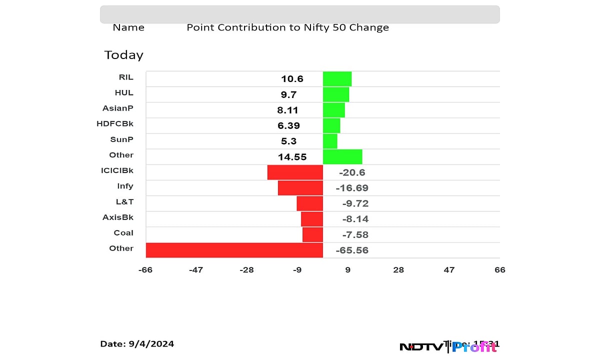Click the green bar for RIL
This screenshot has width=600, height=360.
337,79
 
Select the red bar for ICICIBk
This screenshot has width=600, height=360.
295,172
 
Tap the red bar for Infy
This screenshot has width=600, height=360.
300,187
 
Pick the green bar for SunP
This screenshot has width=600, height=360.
330,141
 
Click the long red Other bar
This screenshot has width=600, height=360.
234,250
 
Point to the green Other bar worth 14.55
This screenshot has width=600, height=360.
342,156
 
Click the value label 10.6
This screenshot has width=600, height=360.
292,79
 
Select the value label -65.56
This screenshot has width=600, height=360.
353,250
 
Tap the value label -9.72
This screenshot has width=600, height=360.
355,203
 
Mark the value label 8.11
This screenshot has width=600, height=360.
288,110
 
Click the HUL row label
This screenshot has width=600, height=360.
124,92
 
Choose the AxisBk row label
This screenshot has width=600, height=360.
118,217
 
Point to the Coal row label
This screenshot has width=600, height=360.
123,232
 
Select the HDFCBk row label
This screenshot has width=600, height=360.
115,123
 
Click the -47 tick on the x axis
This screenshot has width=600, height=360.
195,270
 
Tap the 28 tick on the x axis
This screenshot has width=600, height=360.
398,270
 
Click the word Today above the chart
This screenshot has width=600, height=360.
123,55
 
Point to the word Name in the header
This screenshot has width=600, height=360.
128,28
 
